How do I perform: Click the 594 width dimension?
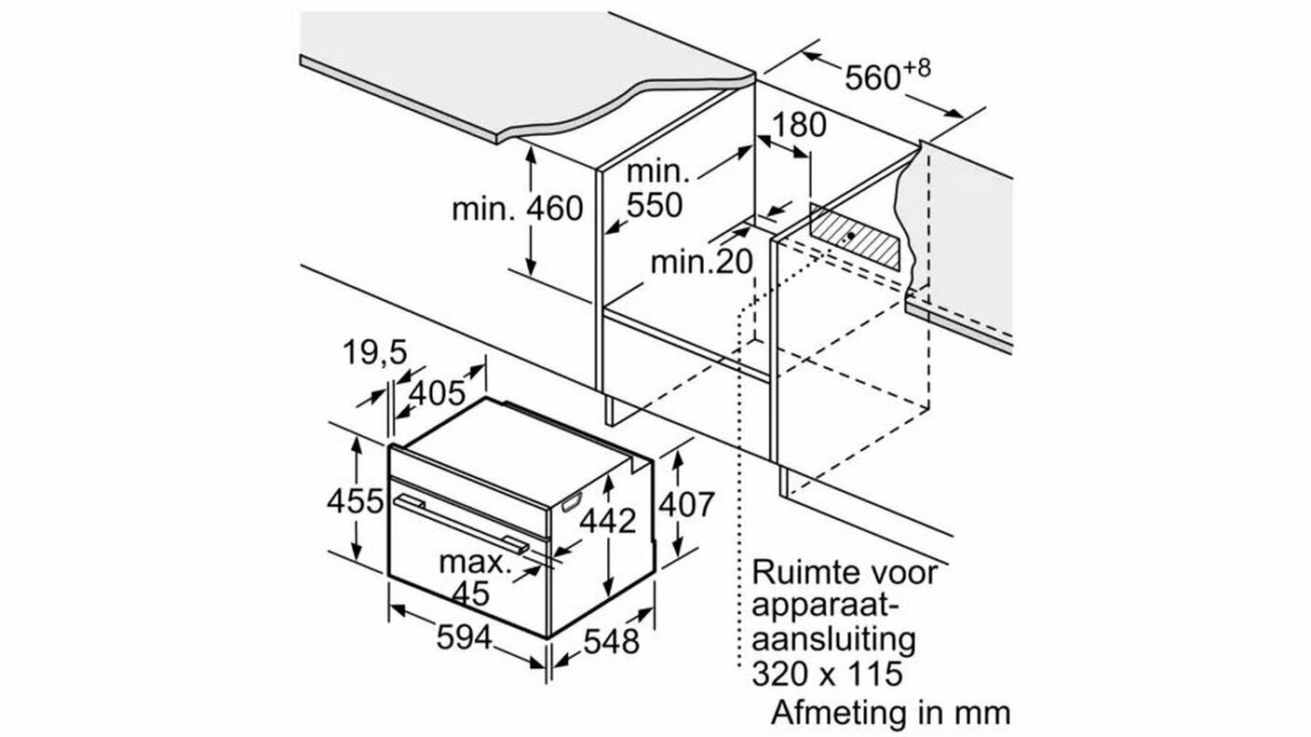[x=464, y=637]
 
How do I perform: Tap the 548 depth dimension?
[x=612, y=642]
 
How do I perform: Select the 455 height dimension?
[x=356, y=501]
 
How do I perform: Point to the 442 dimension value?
[x=607, y=520]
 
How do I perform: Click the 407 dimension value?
[x=686, y=504]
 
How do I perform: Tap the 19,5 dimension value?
[x=374, y=353]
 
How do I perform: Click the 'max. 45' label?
[x=474, y=578]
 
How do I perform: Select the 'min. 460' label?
[x=518, y=209]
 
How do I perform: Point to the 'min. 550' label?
[x=656, y=188]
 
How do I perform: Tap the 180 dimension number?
[x=800, y=125]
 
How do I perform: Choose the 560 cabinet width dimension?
[x=872, y=77]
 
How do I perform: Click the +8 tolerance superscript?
[x=916, y=68]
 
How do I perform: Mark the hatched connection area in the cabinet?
[x=855, y=237]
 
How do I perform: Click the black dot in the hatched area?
[x=850, y=235]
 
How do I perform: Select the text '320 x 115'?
[x=827, y=674]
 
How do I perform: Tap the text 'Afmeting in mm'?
[x=891, y=713]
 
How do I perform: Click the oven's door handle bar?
[x=461, y=523]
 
